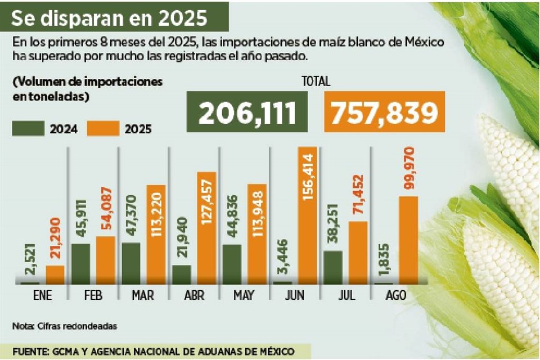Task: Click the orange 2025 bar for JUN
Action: (x=308, y=217)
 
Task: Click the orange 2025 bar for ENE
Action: (x=55, y=274)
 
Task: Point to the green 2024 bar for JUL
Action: (x=333, y=267)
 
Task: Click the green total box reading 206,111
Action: (x=247, y=114)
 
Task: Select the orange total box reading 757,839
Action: (x=384, y=114)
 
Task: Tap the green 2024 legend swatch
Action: (x=28, y=128)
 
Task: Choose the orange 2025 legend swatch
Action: (x=103, y=128)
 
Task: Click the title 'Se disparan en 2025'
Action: (x=109, y=18)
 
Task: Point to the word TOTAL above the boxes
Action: (x=316, y=82)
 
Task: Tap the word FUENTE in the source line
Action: (x=30, y=351)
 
